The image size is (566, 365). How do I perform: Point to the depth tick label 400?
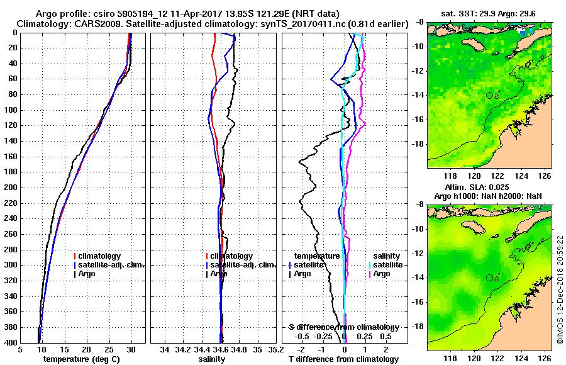click(x=11, y=342)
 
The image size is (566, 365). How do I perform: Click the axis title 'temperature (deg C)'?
click(x=82, y=359)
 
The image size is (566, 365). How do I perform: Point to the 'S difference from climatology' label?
click(x=344, y=327)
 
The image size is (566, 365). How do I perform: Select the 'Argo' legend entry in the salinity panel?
click(x=219, y=274)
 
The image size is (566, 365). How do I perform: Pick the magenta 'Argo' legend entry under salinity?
click(x=382, y=274)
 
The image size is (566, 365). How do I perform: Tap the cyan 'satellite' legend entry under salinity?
click(x=386, y=265)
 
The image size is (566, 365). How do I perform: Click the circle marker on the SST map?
click(x=489, y=95)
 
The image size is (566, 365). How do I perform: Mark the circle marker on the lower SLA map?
click(x=489, y=278)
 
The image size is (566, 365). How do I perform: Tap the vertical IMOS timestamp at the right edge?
click(x=560, y=291)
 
